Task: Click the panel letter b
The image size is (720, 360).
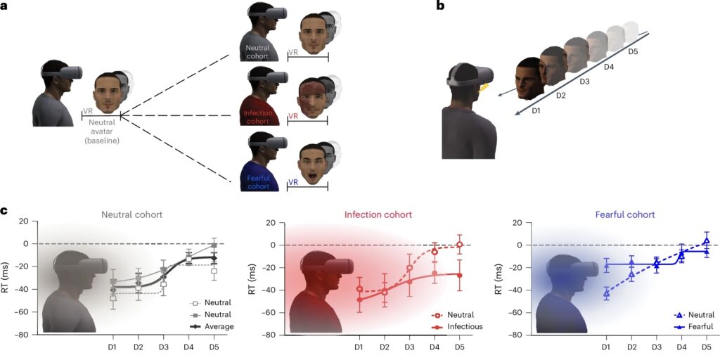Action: tap(441, 6)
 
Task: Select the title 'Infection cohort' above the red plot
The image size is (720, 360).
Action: tap(378, 214)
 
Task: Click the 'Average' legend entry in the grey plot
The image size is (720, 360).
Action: tap(221, 326)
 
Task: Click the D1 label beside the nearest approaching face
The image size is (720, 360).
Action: tap(536, 111)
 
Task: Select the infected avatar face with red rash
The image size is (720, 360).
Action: tap(311, 97)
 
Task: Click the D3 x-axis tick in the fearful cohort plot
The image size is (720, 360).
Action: tap(656, 347)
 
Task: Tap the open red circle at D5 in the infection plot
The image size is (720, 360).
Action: tap(460, 245)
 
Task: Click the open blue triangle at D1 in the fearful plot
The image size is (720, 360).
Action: tap(606, 294)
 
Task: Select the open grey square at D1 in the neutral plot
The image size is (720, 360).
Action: tap(113, 299)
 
